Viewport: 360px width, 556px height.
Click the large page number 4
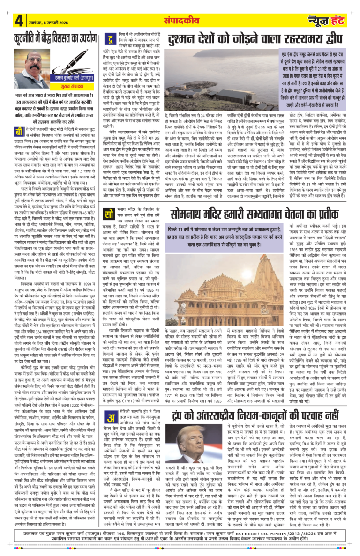coord(19,21)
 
